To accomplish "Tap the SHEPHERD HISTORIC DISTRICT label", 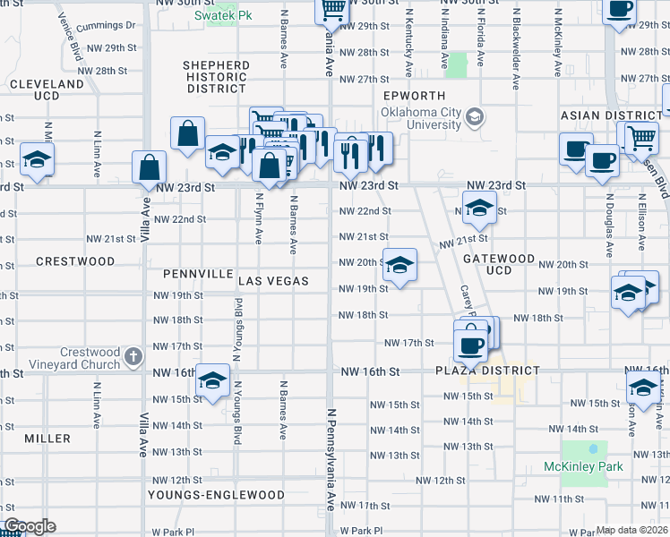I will click(215, 77).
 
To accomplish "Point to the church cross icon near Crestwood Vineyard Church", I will click(133, 355).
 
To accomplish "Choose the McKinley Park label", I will click(583, 466).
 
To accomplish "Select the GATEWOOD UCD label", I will click(499, 264).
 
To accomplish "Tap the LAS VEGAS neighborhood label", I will click(273, 281).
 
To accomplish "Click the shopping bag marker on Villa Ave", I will click(149, 167).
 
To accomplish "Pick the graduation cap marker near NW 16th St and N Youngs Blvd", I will click(212, 381).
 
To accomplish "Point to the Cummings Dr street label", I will click(107, 26).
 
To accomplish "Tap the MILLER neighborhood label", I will click(47, 439).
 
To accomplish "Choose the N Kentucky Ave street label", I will click(409, 45).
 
